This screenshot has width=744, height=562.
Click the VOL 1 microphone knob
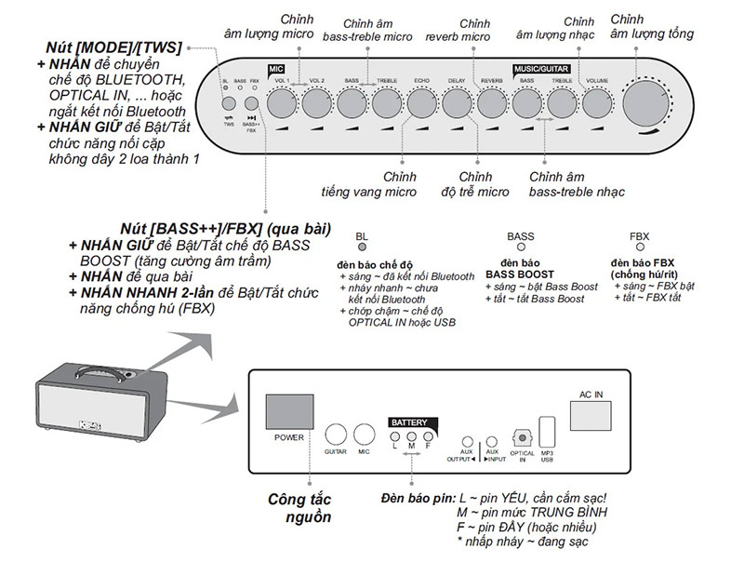[x=282, y=103]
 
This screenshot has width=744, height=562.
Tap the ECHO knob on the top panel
[x=422, y=103]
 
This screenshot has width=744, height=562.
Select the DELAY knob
[x=457, y=103]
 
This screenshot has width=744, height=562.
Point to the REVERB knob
[x=492, y=103]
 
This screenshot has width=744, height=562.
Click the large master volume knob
[x=650, y=103]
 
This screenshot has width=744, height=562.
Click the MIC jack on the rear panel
[x=365, y=435]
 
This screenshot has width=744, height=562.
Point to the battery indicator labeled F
[x=429, y=436]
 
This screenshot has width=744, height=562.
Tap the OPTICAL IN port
[x=522, y=436]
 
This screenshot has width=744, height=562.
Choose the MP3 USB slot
[x=547, y=433]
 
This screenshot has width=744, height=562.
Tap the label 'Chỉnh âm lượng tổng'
[x=652, y=28]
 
